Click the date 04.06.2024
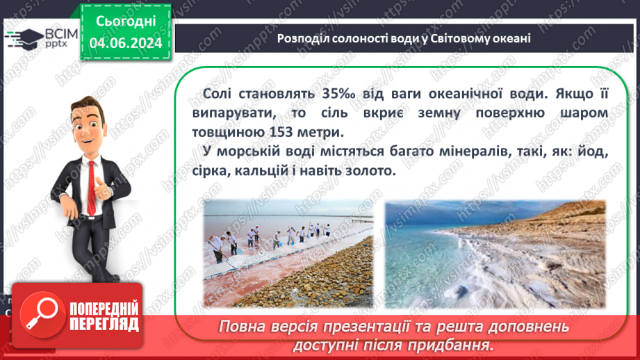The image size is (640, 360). (125, 44)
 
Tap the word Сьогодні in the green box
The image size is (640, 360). (125, 22)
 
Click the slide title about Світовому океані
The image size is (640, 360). (404, 38)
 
